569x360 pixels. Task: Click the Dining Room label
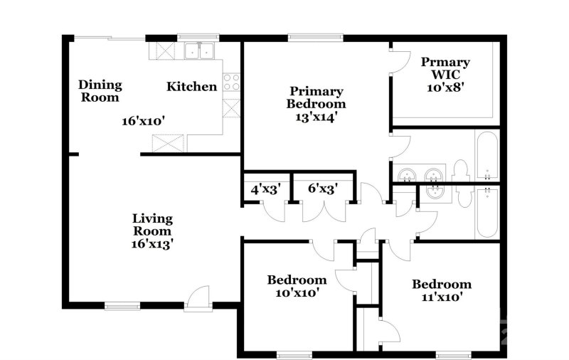pyautogui.click(x=100, y=90)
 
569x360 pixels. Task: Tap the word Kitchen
pyautogui.click(x=191, y=87)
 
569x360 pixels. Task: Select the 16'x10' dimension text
pyautogui.click(x=144, y=121)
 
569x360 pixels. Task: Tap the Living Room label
pyautogui.click(x=153, y=225)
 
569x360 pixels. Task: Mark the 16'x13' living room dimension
pyautogui.click(x=153, y=243)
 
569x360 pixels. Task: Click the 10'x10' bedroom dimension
pyautogui.click(x=297, y=292)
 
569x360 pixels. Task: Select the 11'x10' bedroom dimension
pyautogui.click(x=442, y=297)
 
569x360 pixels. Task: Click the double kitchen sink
pyautogui.click(x=199, y=51)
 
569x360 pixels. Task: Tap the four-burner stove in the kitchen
pyautogui.click(x=232, y=82)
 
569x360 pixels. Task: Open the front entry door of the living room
pyautogui.click(x=198, y=299)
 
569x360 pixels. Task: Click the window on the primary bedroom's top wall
pyautogui.click(x=316, y=37)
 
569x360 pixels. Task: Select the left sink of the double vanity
pyautogui.click(x=408, y=174)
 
